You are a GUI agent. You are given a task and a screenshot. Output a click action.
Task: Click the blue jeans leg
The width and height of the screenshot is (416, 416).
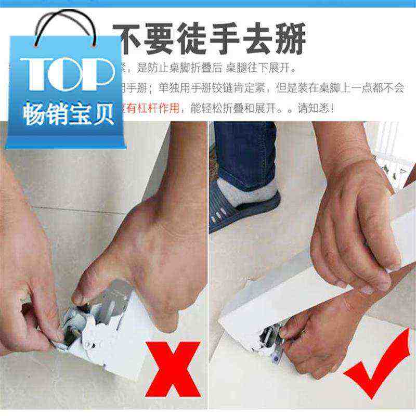pyautogui.click(x=244, y=151)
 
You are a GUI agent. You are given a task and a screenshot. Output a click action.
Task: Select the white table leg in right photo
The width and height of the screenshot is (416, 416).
pyautogui.click(x=312, y=281)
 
